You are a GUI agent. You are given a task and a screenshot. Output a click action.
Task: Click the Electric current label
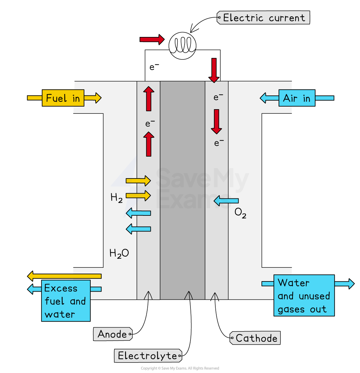pyautogui.click(x=263, y=18)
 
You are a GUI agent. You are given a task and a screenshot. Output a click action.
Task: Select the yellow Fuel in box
pyautogui.click(x=63, y=98)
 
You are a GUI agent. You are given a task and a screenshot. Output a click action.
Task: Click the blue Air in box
pyautogui.click(x=297, y=98)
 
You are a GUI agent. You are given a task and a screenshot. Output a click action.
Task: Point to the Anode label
pyautogui.click(x=113, y=334)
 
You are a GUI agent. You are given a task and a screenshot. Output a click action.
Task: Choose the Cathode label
pyautogui.click(x=255, y=338)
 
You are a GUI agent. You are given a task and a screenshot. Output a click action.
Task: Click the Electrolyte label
pyautogui.click(x=148, y=356)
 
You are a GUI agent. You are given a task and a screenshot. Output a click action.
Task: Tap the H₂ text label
pyautogui.click(x=117, y=198)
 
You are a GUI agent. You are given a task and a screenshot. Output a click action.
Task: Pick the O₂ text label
pyautogui.click(x=241, y=213)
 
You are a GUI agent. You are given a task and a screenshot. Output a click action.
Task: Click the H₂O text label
pyautogui.click(x=119, y=253)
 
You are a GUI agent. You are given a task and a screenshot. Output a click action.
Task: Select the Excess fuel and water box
pyautogui.click(x=66, y=301)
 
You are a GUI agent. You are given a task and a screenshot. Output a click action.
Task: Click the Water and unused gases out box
pyautogui.click(x=304, y=296)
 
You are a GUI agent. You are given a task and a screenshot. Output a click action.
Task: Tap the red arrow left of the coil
pyautogui.click(x=152, y=39)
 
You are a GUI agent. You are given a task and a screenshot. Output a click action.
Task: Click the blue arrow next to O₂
pyautogui.click(x=226, y=201)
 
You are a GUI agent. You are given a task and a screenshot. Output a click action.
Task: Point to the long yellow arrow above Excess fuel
pyautogui.click(x=64, y=276)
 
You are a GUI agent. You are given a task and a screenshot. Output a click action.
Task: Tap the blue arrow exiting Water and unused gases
pyautogui.click(x=345, y=284)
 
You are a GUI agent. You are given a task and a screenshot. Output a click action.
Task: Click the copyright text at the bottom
pyautogui.click(x=180, y=368)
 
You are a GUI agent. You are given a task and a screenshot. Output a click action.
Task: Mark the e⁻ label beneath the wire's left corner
pyautogui.click(x=154, y=67)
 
